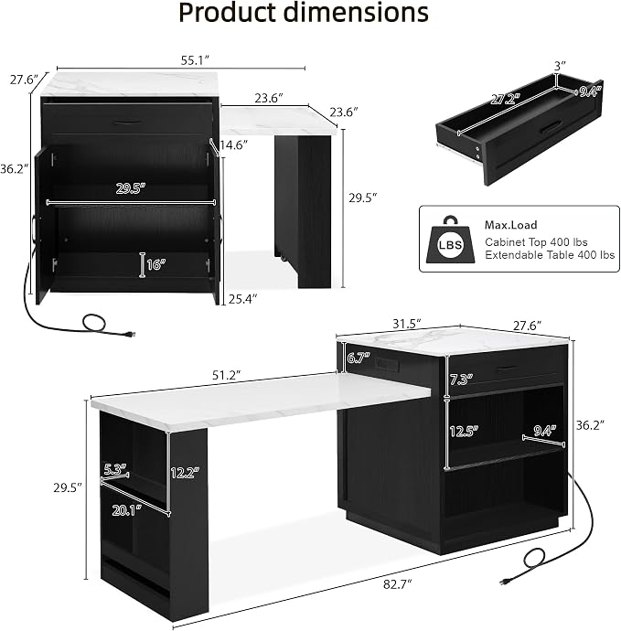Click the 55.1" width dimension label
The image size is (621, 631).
coord(195,60)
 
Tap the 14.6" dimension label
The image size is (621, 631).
coord(233,144)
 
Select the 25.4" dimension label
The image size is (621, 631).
coord(242,299)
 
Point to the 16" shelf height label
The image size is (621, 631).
coord(156,264)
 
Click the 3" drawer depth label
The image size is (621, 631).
coord(560,66)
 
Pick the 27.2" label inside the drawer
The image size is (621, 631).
coord(505,99)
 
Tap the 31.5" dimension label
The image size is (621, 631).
coord(406,324)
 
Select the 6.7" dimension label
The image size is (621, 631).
coord(359,358)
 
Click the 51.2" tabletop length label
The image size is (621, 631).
coord(226,375)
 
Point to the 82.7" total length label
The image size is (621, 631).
coord(397,584)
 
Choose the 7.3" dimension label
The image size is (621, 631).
coord(461,380)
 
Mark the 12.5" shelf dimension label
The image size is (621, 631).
coord(464,431)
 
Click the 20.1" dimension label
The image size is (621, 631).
coord(127,510)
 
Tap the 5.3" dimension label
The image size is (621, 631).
coord(115,469)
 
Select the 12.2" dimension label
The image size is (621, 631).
coord(185,473)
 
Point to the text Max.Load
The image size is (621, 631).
coord(510,225)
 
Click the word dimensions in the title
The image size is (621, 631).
coord(356,12)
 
